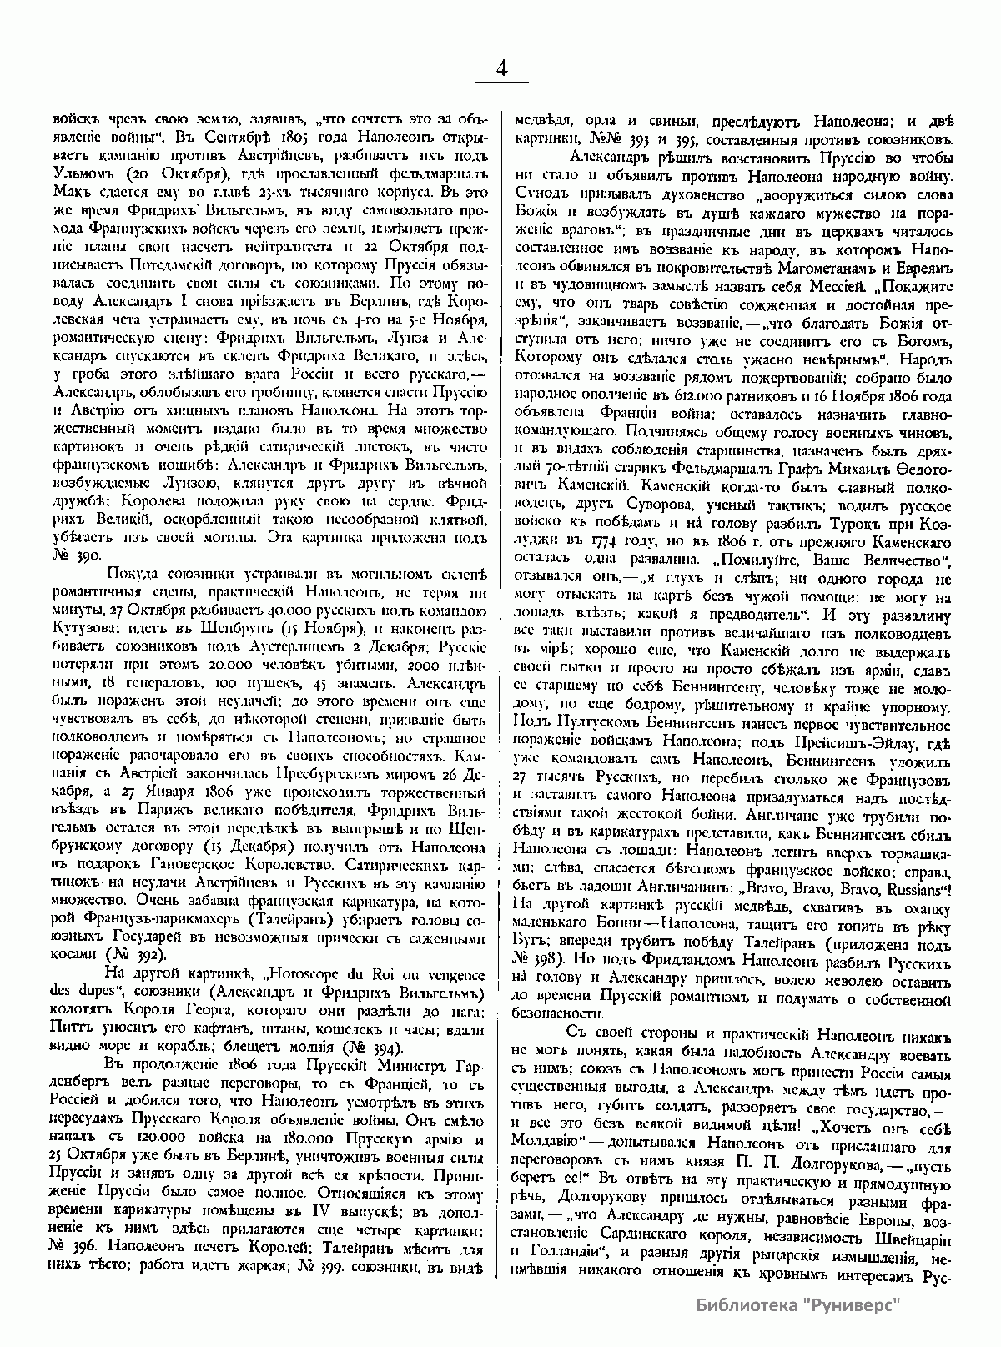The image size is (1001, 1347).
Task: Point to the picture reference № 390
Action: point(77,553)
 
